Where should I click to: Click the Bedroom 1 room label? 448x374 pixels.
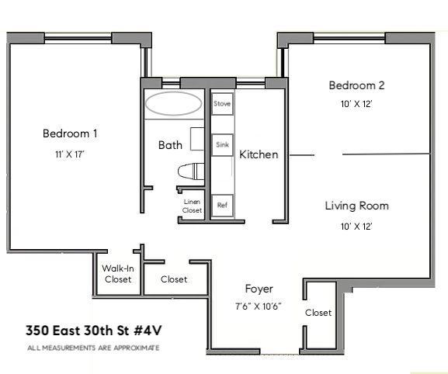tap(70, 133)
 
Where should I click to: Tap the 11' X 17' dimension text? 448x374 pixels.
tap(70, 154)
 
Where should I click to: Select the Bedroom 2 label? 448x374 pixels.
tap(356, 85)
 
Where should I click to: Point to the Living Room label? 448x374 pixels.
tap(356, 206)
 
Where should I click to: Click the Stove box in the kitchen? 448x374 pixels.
tap(222, 103)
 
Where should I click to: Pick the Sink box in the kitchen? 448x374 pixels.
tap(222, 144)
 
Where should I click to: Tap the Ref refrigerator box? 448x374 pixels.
tap(222, 205)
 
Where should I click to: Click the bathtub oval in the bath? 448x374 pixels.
tap(174, 105)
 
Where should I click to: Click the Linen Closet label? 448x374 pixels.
tap(192, 206)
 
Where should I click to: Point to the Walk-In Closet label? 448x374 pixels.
tap(116, 274)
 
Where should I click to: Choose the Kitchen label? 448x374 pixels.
tap(259, 154)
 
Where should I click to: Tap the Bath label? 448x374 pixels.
tap(170, 145)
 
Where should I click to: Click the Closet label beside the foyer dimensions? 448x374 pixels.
tap(318, 313)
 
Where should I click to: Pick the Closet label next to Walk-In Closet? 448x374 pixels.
tap(173, 279)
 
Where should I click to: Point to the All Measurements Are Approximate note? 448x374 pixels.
tap(92, 348)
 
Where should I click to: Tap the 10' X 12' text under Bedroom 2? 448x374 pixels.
tap(356, 104)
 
